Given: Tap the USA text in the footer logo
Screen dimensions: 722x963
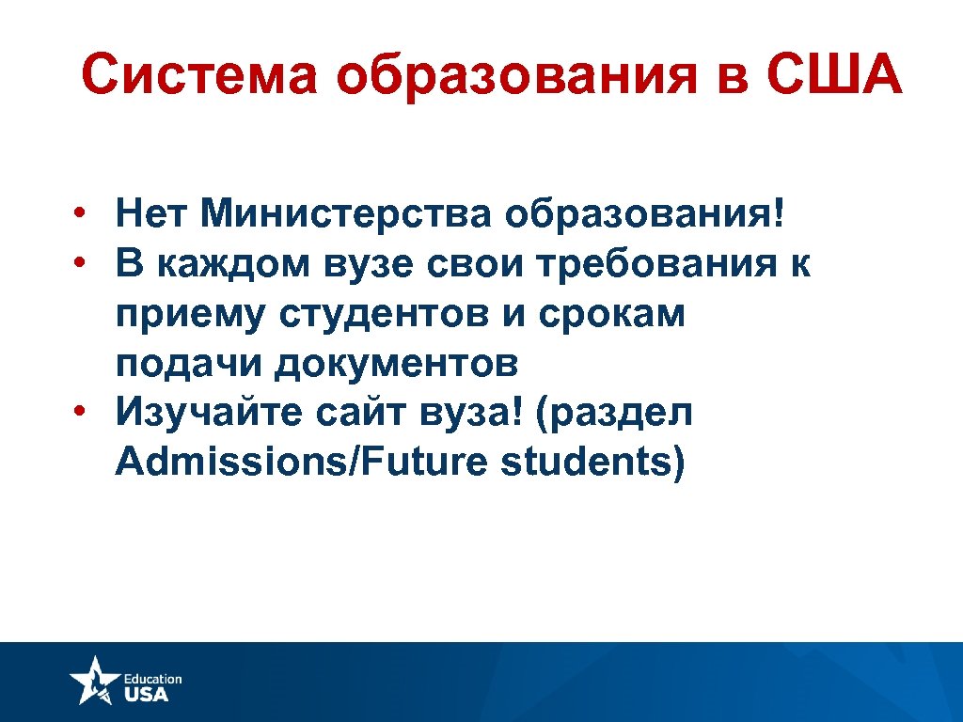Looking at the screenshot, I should coord(147,695).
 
